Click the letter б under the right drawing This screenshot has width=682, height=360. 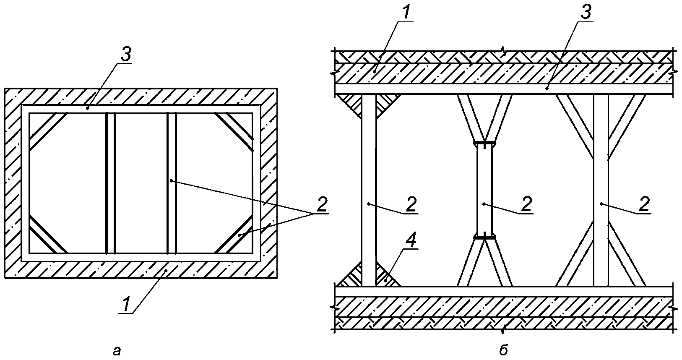504,350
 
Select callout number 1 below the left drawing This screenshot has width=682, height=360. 126,304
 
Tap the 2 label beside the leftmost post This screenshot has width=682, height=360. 411,204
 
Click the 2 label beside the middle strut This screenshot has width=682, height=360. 526,204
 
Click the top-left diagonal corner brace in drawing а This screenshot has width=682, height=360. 48,132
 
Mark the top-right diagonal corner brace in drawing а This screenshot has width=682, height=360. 234,132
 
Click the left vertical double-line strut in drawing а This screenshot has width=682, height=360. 110,183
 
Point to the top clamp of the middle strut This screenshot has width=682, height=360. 484,143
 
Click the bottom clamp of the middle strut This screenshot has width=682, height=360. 484,237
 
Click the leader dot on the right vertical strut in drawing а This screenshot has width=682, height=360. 172,181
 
